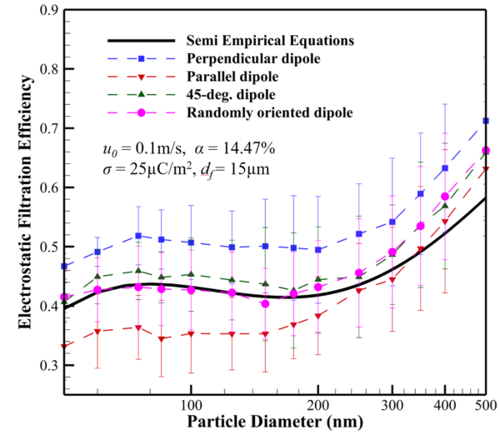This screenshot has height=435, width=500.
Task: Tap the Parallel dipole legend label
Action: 228,76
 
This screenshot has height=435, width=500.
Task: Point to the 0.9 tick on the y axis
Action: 47,11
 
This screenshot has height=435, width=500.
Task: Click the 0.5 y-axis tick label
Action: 47,247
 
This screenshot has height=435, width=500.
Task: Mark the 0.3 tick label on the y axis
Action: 47,366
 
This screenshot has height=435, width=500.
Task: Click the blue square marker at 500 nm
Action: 486,122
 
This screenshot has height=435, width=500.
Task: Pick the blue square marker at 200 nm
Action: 318,250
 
